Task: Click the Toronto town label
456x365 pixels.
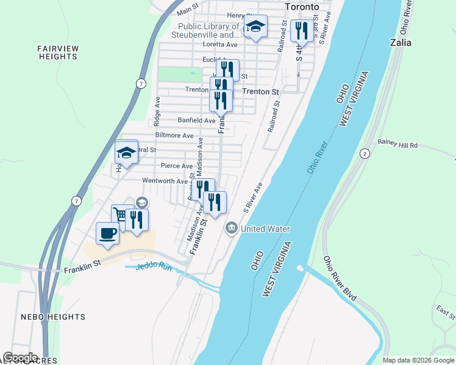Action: tap(302, 7)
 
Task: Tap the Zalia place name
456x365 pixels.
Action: tap(401, 43)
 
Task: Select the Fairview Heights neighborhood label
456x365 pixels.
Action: tap(57, 52)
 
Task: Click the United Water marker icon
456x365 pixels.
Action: tap(232, 229)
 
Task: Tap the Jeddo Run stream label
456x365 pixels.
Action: tap(155, 266)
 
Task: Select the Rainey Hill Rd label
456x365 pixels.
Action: tap(397, 145)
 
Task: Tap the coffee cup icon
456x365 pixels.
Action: tap(108, 233)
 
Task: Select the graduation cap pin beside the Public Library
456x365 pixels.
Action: tap(255, 27)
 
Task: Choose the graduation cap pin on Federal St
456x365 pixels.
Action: tap(126, 152)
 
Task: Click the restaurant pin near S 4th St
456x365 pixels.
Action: tap(302, 30)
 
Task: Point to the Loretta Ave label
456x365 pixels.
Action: tap(219, 44)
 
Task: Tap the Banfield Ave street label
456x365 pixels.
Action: tap(196, 120)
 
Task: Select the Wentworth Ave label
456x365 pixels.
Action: tap(165, 181)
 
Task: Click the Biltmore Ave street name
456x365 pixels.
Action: tap(174, 135)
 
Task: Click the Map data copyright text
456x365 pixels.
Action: tap(418, 360)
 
